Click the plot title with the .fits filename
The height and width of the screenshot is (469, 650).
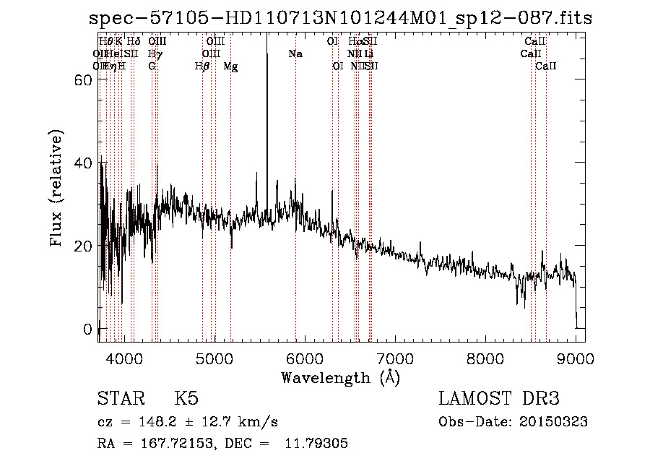click(x=339, y=19)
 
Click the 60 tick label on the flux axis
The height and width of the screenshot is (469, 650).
click(x=83, y=81)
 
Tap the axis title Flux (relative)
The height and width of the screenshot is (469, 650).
click(x=57, y=189)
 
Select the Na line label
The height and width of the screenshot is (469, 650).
click(x=295, y=54)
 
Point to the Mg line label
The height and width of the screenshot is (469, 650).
click(x=230, y=66)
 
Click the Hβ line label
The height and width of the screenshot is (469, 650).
click(x=202, y=66)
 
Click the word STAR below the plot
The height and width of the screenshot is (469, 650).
click(x=119, y=399)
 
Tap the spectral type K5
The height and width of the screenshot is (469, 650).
click(x=186, y=399)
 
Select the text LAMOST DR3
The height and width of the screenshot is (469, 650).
click(x=499, y=399)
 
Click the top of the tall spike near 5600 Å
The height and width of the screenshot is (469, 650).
click(x=267, y=38)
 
